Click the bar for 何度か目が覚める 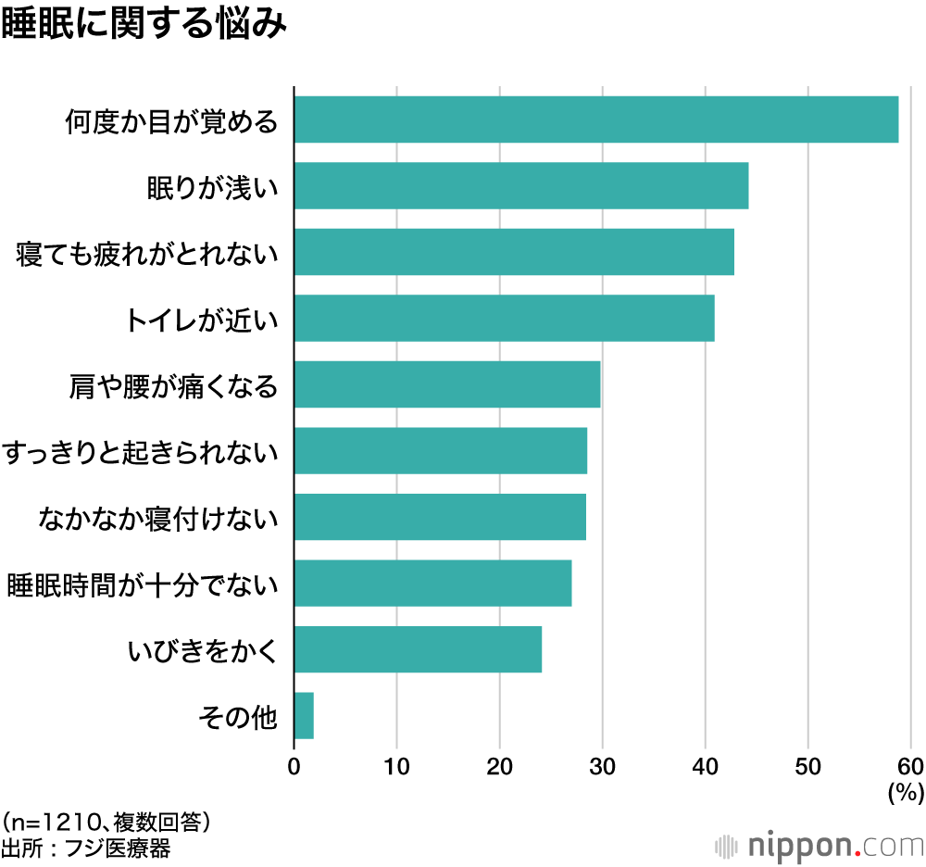click(595, 119)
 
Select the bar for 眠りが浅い click(520, 186)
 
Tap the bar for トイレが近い click(504, 319)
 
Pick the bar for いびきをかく click(418, 649)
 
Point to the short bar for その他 click(304, 716)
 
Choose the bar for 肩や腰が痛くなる click(447, 384)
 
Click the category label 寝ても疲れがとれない click(147, 253)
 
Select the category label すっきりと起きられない click(141, 452)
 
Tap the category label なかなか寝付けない click(158, 518)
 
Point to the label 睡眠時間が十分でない click(143, 584)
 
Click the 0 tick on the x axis click(294, 766)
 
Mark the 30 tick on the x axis click(603, 766)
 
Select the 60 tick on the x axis click(910, 766)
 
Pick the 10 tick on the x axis click(396, 766)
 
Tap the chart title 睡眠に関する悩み click(144, 25)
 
